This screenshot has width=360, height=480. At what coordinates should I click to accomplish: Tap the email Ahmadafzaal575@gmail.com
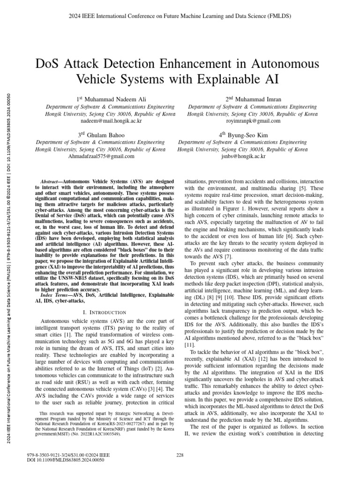tap(101, 156)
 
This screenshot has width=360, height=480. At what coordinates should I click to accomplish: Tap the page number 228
tap(180, 455)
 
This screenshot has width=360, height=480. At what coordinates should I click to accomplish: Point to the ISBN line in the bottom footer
tap(69, 455)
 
